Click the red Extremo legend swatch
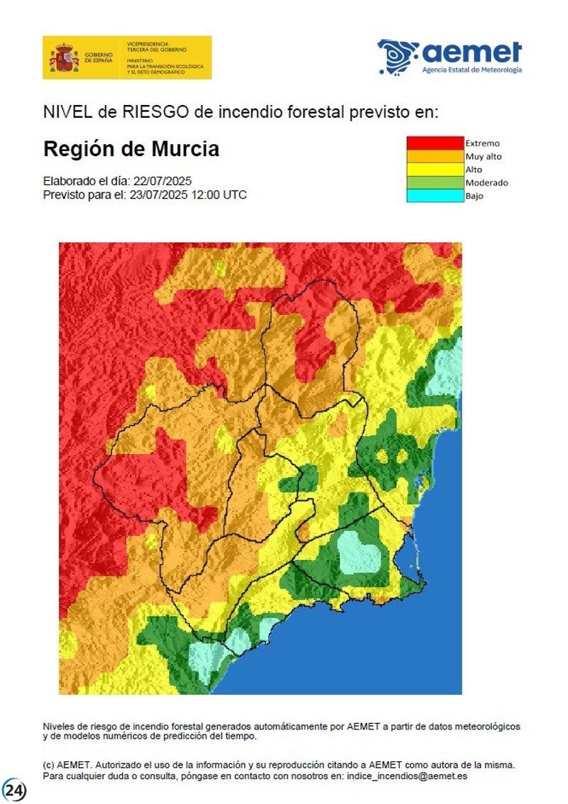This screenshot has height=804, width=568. click(x=434, y=143)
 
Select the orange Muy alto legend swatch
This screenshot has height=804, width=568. click(x=434, y=156)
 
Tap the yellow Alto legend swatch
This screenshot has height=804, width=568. click(x=434, y=170)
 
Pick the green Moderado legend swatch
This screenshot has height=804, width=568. click(x=434, y=182)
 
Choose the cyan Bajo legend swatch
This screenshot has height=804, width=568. click(x=434, y=196)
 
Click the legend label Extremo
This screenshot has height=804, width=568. click(x=482, y=143)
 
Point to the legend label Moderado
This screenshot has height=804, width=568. click(x=486, y=182)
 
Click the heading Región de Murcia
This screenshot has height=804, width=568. click(x=131, y=150)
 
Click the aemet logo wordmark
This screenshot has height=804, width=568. click(x=472, y=53)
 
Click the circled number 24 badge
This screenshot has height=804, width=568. click(x=14, y=790)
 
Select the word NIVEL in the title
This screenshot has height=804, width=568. click(x=62, y=111)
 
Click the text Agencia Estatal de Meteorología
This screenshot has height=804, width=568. click(x=471, y=70)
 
